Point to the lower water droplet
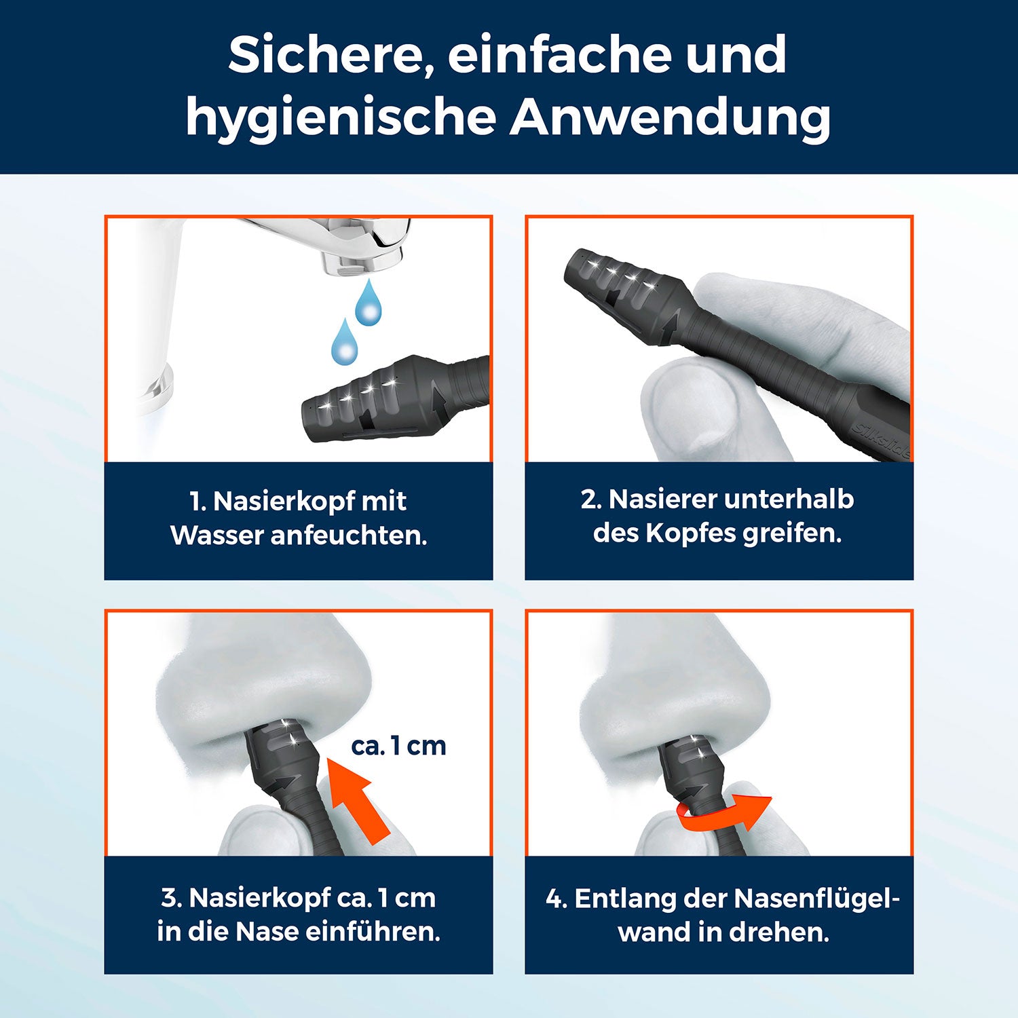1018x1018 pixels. pos(344,343)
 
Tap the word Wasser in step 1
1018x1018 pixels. pos(216,535)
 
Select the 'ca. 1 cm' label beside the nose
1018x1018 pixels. pos(398,746)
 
